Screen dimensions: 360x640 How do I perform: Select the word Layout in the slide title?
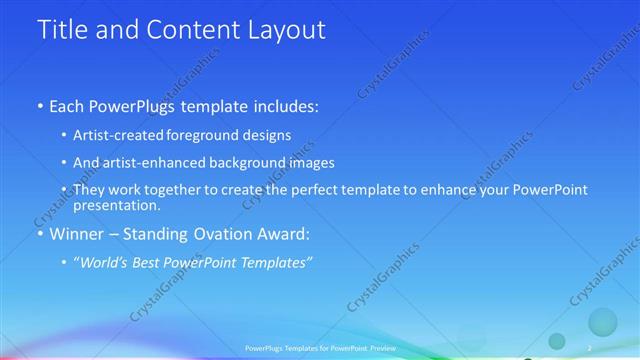pos(287,30)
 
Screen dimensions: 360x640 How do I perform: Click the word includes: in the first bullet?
pos(282,106)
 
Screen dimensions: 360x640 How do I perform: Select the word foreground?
pos(200,135)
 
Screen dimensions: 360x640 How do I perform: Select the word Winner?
pos(77,234)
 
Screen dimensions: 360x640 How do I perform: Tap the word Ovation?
pos(224,234)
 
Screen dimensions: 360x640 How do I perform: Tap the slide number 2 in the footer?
pos(590,348)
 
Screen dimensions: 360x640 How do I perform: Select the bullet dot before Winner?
pos(40,234)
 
